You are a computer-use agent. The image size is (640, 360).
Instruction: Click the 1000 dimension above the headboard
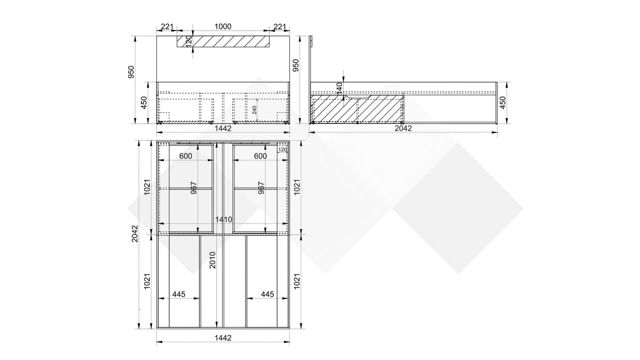[x=223, y=26]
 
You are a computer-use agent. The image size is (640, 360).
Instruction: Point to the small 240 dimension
[x=254, y=110]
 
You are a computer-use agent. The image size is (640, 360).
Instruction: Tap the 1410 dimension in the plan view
[x=224, y=219]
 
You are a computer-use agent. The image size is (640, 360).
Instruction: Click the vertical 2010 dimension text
[x=212, y=260]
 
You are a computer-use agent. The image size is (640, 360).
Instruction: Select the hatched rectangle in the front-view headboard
[x=223, y=41]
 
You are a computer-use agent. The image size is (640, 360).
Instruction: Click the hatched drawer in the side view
[x=357, y=109]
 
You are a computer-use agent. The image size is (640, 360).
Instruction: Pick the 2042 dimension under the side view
[x=403, y=128]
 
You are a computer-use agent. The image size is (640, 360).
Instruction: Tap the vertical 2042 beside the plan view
[x=134, y=234]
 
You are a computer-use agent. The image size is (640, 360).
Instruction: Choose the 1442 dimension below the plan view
[x=223, y=338]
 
